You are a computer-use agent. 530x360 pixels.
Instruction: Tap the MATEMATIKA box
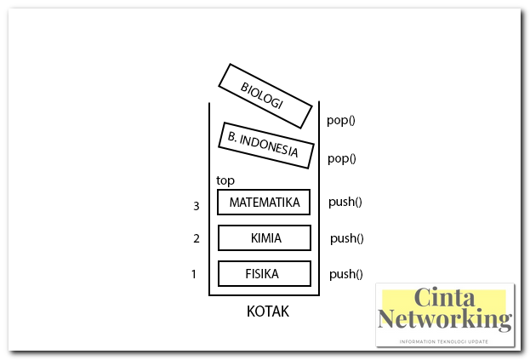[264, 203]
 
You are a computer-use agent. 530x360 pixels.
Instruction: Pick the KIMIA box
[264, 237]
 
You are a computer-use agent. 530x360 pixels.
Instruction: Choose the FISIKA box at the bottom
[264, 274]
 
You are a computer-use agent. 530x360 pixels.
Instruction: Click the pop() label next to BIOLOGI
[340, 120]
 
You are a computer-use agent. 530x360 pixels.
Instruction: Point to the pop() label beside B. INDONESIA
[340, 158]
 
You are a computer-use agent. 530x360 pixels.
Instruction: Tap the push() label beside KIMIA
[346, 238]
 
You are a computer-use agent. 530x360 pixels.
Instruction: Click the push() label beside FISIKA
[346, 274]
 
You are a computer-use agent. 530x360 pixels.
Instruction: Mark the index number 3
[196, 206]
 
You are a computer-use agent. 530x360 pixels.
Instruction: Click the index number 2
[196, 238]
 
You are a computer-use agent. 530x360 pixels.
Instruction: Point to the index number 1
[195, 274]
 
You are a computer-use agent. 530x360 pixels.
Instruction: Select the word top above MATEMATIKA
[225, 180]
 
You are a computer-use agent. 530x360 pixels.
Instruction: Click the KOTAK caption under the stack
[267, 311]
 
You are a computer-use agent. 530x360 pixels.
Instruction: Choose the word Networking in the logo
[445, 320]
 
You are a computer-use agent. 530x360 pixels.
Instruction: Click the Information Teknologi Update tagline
[444, 340]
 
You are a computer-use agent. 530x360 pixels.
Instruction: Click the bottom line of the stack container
[264, 295]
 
